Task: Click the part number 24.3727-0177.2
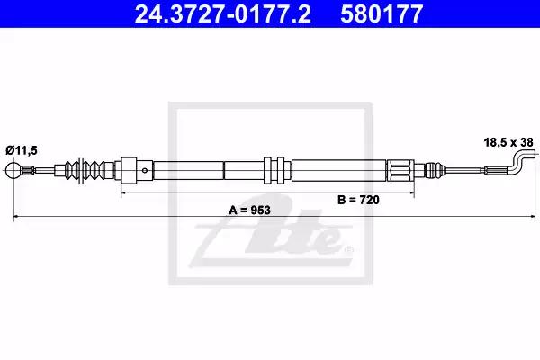222,13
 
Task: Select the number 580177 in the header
382,13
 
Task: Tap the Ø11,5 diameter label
22,150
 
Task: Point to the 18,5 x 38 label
508,142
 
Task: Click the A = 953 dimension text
249,210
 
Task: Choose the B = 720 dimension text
358,200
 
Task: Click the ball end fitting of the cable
13,170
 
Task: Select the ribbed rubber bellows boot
89,170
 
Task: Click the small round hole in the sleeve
145,170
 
